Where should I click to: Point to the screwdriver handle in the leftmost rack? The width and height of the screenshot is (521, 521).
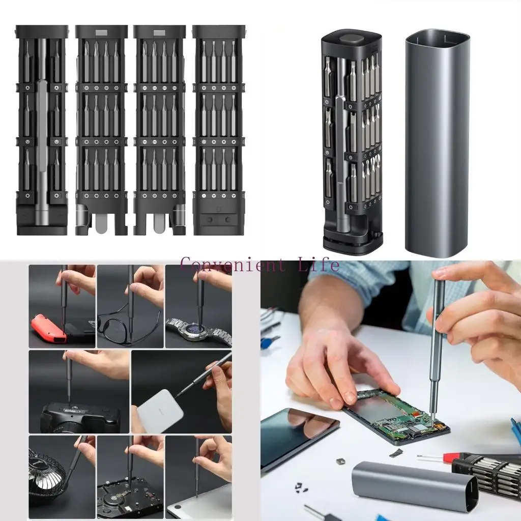[42, 153]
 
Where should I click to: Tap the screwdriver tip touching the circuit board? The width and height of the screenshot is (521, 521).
[432, 420]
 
